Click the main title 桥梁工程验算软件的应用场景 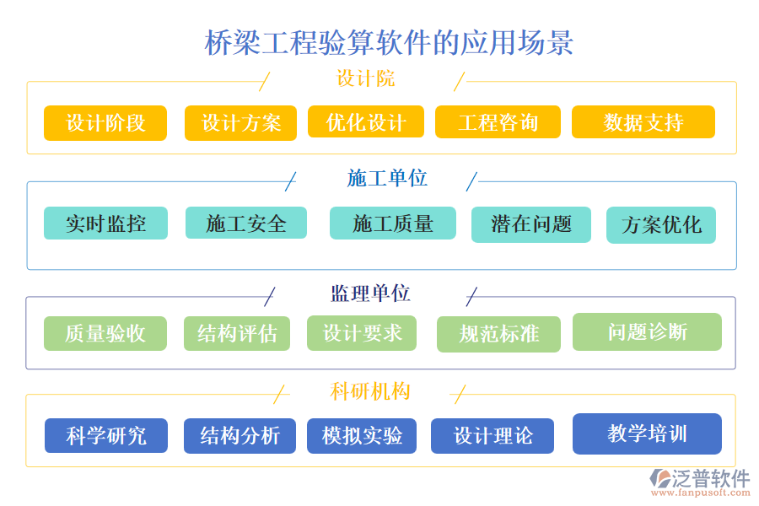pos(389,42)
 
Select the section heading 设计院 pos(365,79)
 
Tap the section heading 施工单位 pos(387,178)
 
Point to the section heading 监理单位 pos(370,293)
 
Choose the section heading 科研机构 pos(370,391)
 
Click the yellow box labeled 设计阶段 pos(105,122)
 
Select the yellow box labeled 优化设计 pos(364,121)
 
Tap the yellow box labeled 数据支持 pos(643,122)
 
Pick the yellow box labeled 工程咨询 pos(498,121)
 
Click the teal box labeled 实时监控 pos(105,223)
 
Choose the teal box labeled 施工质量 pos(392,223)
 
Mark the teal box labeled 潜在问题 pos(531,224)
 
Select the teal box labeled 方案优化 pos(660,225)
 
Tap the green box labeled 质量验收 pos(105,333)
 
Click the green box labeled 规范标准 pos(498,334)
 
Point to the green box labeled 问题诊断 pos(647,331)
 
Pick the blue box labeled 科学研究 pos(106,436)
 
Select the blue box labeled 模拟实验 pos(362,436)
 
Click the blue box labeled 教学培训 pos(647,433)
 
